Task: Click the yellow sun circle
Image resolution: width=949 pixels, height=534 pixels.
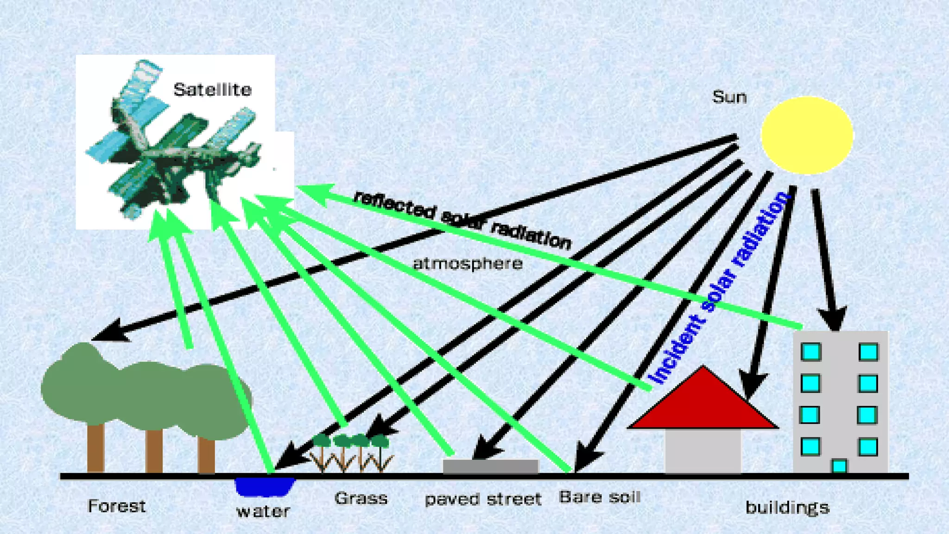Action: [807, 135]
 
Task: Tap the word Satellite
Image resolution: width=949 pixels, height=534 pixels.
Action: [213, 89]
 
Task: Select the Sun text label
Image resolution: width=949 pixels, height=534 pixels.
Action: [729, 97]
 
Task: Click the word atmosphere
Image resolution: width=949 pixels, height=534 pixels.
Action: [468, 264]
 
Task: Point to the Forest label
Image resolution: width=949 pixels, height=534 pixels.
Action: [117, 506]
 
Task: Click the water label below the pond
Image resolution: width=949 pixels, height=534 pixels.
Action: [263, 511]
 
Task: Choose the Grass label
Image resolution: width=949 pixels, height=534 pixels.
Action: [361, 498]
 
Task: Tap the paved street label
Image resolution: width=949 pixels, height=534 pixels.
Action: [483, 499]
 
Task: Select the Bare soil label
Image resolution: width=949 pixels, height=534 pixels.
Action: [600, 497]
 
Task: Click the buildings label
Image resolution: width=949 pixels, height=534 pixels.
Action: [787, 508]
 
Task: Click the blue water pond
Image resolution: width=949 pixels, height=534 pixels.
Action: [265, 486]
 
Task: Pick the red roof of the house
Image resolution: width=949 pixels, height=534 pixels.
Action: [703, 404]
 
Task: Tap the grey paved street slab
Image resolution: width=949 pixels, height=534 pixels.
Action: [491, 466]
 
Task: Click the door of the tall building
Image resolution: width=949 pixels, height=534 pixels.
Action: [839, 465]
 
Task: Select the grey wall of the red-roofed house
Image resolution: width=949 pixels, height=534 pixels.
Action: [702, 451]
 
